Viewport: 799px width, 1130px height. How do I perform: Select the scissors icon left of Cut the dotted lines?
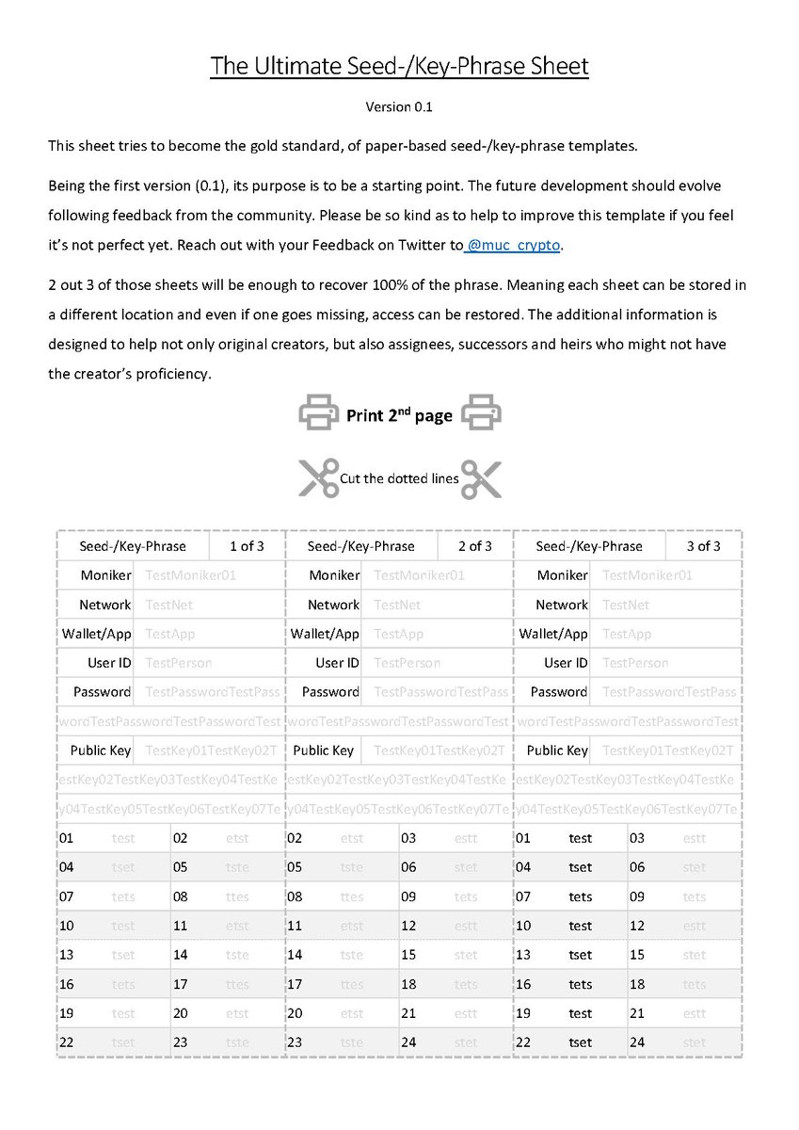318,478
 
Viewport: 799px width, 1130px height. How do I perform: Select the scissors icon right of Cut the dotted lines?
481,478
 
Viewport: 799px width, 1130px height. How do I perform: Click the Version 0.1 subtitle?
399,106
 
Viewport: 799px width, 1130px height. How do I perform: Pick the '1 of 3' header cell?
247,546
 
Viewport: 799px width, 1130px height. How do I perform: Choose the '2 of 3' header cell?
475,546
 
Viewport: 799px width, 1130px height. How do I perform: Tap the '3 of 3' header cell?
703,546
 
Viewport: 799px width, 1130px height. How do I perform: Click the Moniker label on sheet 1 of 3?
105,575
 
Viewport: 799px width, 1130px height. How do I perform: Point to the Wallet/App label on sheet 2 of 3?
325,634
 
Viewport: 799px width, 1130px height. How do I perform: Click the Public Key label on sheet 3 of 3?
557,751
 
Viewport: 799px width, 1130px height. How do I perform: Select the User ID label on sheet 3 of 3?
566,663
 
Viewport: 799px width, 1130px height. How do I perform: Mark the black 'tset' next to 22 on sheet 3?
581,1042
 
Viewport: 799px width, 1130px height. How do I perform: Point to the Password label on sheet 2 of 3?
330,692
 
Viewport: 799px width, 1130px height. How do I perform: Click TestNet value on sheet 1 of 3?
165,605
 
